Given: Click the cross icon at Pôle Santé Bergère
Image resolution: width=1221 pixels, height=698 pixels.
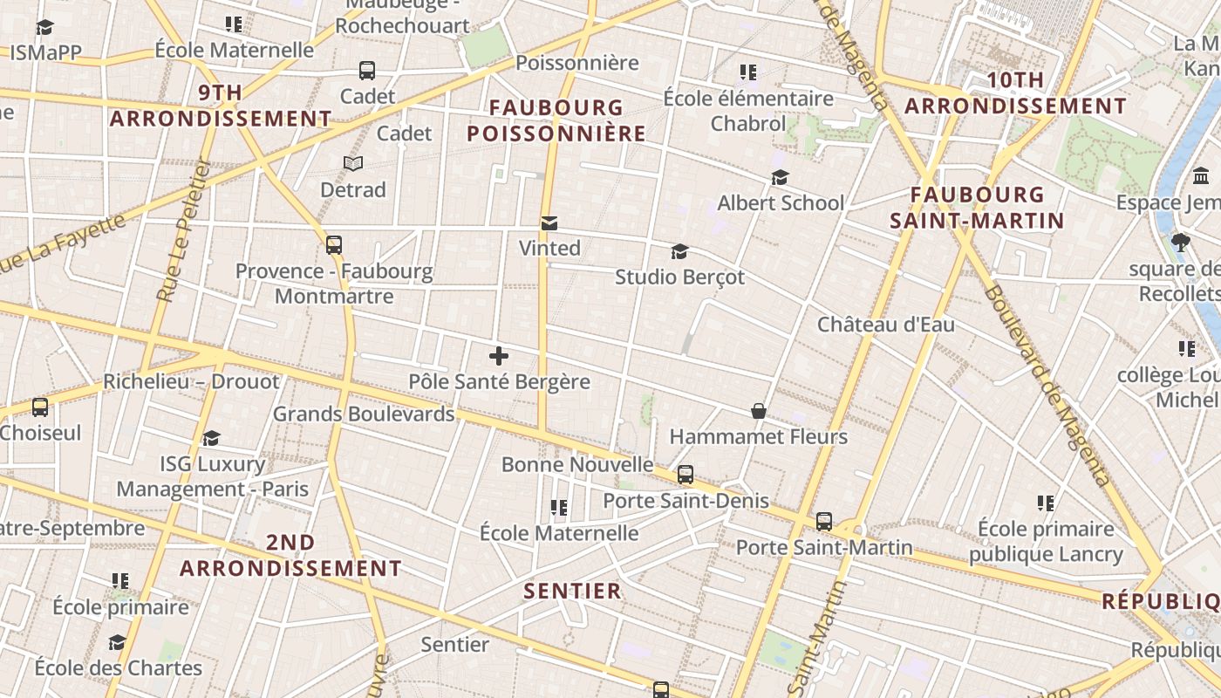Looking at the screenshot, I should tap(499, 356).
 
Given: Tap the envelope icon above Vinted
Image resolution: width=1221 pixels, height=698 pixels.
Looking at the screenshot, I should tap(549, 223).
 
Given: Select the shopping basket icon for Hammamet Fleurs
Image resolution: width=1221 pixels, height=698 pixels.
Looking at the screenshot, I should tap(759, 411).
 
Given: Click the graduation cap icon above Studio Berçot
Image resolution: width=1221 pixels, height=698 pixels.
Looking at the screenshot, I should tap(679, 252).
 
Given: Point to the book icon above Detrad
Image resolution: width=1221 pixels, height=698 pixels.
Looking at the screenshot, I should tap(353, 163).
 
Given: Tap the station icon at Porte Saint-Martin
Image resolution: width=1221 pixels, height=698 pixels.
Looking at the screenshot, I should tap(824, 522).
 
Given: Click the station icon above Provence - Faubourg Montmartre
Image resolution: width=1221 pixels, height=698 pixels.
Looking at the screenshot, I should tap(334, 245).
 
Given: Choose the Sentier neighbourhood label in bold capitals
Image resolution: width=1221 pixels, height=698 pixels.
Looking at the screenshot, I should tap(572, 591).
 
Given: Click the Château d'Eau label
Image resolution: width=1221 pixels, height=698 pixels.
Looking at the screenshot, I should tap(885, 325).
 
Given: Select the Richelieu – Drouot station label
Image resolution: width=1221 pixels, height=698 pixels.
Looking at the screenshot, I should tap(191, 381).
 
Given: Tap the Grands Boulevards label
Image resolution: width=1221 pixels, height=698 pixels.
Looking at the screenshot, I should tap(364, 414).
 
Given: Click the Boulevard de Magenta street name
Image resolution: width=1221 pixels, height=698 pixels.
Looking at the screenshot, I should tap(1047, 384).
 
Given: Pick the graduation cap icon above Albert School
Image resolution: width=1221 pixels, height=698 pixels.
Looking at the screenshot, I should tap(780, 178).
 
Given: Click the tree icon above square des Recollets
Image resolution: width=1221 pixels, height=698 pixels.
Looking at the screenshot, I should tap(1182, 243).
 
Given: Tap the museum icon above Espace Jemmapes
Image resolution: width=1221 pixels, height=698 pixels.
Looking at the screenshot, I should tap(1201, 177).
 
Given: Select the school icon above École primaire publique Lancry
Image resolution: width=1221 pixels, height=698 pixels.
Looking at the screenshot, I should tap(1046, 503).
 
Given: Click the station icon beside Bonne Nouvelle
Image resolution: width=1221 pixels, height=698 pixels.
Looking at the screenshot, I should tap(686, 475).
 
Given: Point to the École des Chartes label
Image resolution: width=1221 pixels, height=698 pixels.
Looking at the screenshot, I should tap(118, 668).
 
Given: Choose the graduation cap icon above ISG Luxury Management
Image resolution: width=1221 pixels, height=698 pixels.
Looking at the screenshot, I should tap(211, 438).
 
